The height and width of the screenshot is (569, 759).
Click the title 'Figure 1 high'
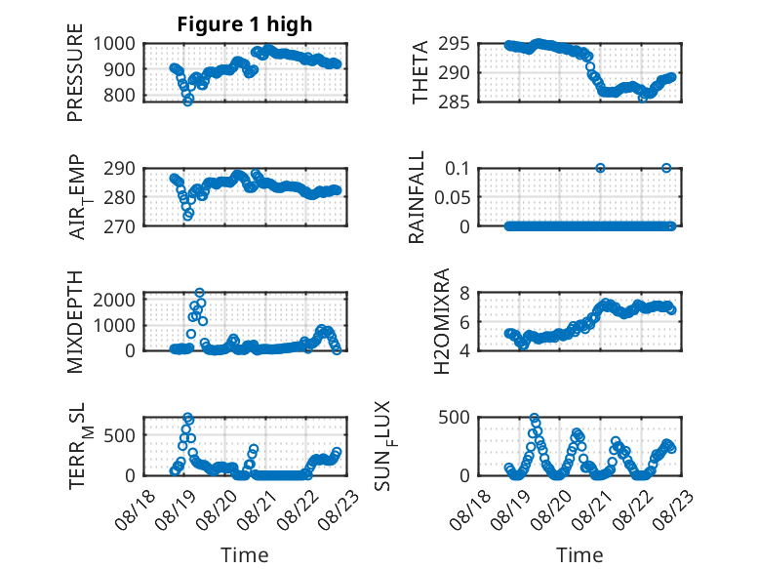(245, 24)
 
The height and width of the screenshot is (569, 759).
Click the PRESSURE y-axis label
(75, 72)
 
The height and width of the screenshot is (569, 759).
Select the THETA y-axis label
(420, 72)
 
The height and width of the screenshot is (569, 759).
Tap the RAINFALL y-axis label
(417, 197)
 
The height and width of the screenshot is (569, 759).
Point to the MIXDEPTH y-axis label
(75, 322)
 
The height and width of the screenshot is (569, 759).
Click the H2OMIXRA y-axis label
(442, 321)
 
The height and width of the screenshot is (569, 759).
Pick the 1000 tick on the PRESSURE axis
(114, 44)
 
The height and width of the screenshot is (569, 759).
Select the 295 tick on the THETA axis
(454, 44)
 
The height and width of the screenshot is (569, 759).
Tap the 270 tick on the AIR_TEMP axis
(120, 226)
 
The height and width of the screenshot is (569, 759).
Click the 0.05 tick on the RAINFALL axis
(452, 197)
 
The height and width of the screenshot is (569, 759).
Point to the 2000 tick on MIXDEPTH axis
(114, 300)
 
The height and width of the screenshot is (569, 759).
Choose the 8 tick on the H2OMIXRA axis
(464, 293)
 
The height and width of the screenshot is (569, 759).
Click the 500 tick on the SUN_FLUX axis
(454, 418)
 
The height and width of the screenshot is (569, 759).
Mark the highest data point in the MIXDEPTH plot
(199, 293)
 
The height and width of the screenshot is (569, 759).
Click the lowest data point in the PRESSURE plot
(188, 102)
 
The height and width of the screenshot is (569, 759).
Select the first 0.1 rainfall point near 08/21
(600, 168)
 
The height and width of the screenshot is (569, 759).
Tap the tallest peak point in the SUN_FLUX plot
(534, 418)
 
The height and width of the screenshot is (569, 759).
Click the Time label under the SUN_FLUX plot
(579, 554)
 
